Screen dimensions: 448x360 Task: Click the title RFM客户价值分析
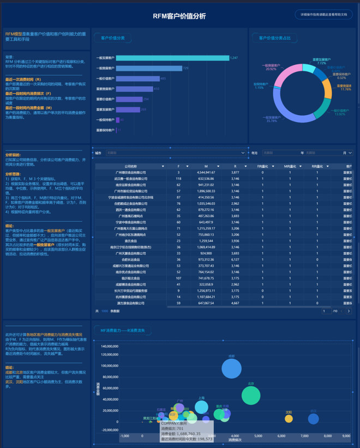(x=179, y=16)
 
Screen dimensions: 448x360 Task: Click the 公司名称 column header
(x=130, y=166)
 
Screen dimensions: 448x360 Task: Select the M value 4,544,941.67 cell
(x=206, y=172)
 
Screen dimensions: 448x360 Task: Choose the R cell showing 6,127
(x=235, y=259)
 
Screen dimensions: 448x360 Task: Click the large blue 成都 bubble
(x=232, y=369)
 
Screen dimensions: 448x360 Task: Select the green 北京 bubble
(x=250, y=396)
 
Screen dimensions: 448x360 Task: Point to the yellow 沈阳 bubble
(x=289, y=419)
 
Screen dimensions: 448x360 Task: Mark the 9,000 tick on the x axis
(x=346, y=436)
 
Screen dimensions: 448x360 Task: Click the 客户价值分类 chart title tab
(x=113, y=38)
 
